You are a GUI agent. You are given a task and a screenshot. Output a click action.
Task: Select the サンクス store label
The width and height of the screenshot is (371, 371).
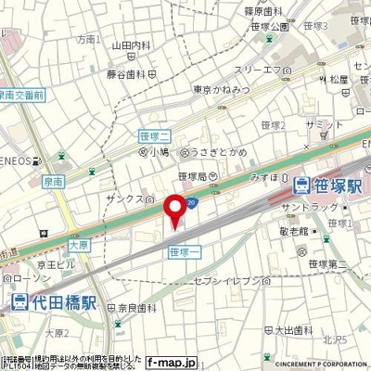coord(127,198)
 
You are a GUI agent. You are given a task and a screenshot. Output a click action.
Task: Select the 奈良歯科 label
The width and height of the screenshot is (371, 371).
coord(131,307)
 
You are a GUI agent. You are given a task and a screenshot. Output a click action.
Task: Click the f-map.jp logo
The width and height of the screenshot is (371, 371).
coord(173,363)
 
